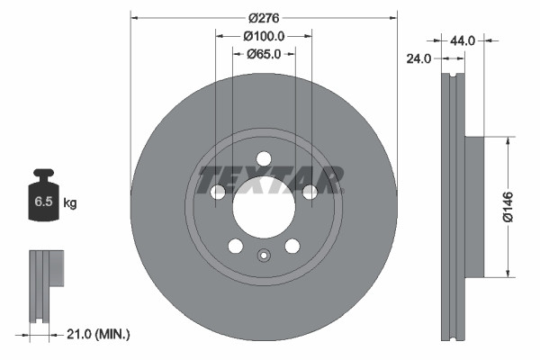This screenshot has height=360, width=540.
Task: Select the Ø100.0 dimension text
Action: [x=264, y=36]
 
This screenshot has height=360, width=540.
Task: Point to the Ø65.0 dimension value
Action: [x=264, y=54]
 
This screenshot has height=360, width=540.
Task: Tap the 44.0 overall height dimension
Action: [x=463, y=40]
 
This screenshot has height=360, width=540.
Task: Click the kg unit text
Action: [x=69, y=203]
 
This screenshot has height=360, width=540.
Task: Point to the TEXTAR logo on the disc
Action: [x=270, y=180]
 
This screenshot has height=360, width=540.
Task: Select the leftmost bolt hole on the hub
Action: [x=218, y=192]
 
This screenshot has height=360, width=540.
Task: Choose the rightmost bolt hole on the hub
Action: [x=310, y=191]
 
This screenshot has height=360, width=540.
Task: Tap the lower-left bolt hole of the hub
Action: [x=235, y=246]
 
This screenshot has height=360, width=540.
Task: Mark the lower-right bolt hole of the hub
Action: [x=292, y=246]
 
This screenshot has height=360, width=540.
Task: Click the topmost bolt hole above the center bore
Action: [x=264, y=159]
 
